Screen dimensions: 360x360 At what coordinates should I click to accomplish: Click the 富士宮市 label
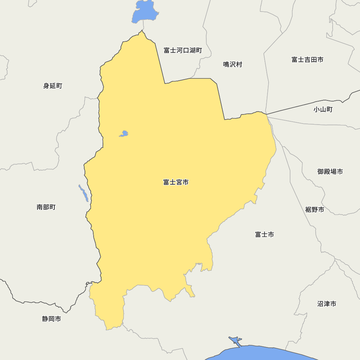pyautogui.click(x=176, y=183)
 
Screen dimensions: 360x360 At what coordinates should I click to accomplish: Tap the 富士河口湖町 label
pyautogui.click(x=183, y=50)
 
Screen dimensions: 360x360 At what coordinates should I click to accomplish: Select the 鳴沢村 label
pyautogui.click(x=233, y=64)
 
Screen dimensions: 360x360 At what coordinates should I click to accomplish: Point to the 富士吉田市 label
pyautogui.click(x=307, y=60)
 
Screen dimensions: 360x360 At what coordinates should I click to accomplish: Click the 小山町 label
pyautogui.click(x=323, y=109)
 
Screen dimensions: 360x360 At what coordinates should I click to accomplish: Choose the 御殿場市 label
pyautogui.click(x=330, y=172)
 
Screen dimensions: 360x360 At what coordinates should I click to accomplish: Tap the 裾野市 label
pyautogui.click(x=314, y=210)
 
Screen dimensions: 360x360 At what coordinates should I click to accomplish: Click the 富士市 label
pyautogui.click(x=264, y=235)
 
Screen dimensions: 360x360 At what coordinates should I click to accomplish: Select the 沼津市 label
pyautogui.click(x=327, y=304)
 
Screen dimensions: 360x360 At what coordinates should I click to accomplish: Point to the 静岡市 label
pyautogui.click(x=51, y=319)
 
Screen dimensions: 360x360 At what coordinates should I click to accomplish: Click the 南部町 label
pyautogui.click(x=46, y=207)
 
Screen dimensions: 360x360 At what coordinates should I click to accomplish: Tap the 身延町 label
pyautogui.click(x=53, y=86)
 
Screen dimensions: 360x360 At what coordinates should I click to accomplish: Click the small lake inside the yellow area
pyautogui.click(x=124, y=134)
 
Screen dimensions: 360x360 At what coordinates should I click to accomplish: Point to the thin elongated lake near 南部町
pyautogui.click(x=84, y=193)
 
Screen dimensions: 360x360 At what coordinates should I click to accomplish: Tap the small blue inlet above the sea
pyautogui.click(x=235, y=341)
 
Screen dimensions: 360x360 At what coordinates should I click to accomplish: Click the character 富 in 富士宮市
pyautogui.click(x=166, y=183)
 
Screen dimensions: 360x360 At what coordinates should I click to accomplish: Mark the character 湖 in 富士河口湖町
pyautogui.click(x=192, y=50)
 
